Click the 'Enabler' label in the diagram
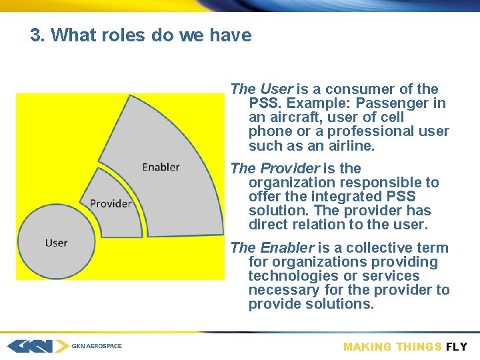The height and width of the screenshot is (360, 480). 161,167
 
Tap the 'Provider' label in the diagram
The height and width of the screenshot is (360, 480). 111,203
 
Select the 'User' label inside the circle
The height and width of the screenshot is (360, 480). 56,243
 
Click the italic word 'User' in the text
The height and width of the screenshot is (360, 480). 276,89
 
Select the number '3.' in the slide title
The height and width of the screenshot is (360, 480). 37,35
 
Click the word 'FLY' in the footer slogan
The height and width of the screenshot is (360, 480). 457,347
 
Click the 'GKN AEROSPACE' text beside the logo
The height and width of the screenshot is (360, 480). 97,346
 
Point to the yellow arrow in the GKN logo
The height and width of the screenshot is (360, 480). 61,346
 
